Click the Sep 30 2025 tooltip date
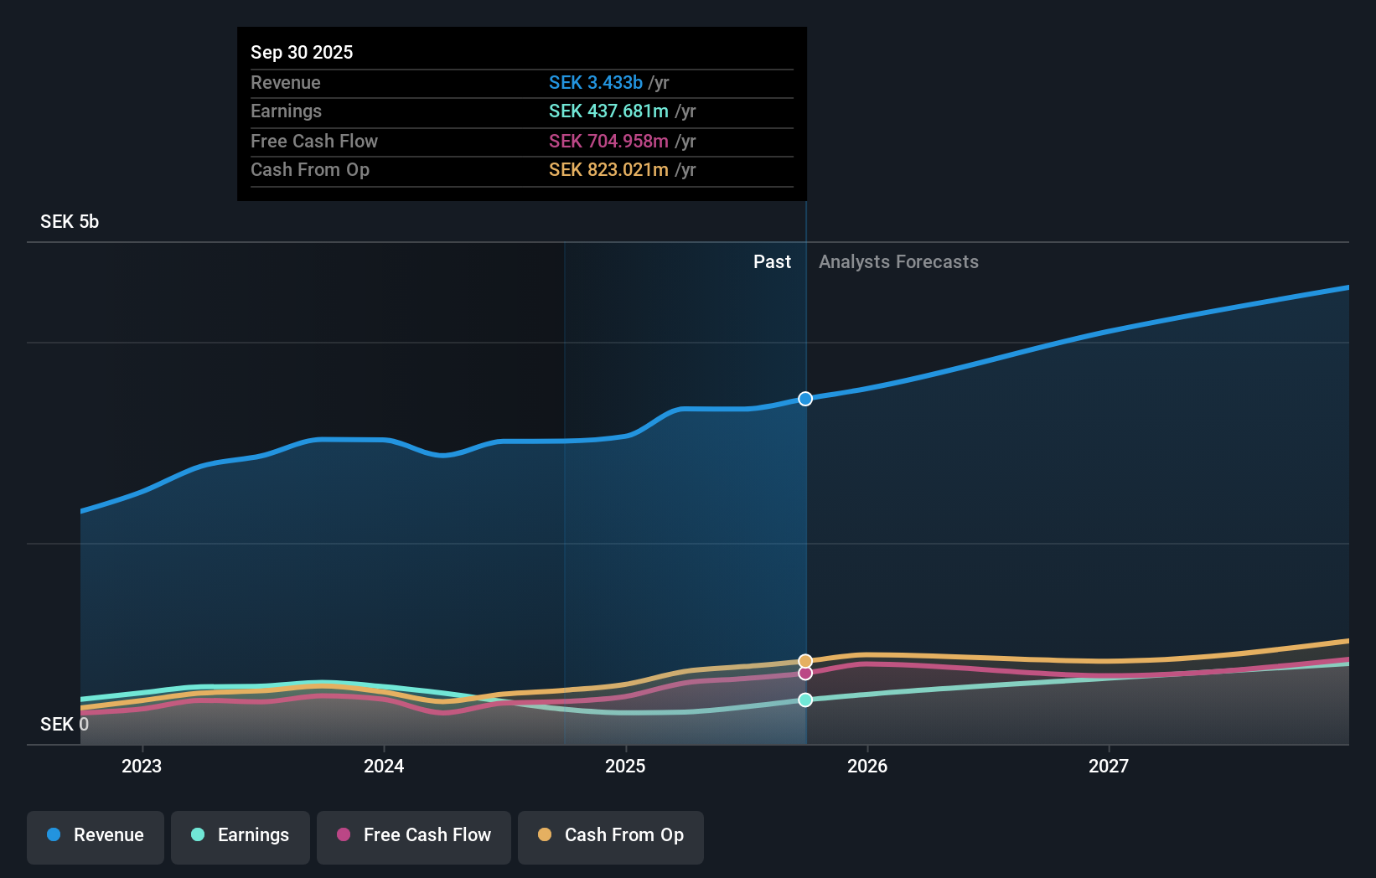click(302, 52)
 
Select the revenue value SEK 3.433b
click(595, 82)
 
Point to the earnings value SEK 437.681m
click(608, 111)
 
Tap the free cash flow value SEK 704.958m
click(608, 141)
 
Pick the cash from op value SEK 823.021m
click(608, 170)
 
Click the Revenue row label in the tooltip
click(286, 82)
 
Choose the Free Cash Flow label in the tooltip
click(314, 141)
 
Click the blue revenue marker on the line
click(805, 399)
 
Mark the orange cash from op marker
click(805, 661)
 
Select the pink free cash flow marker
click(805, 674)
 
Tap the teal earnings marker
click(805, 700)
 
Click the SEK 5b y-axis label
click(70, 222)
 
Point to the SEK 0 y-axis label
click(65, 725)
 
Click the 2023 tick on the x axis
click(142, 766)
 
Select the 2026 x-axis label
click(867, 766)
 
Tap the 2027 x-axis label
click(1109, 766)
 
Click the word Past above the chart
click(772, 262)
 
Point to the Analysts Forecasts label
click(898, 262)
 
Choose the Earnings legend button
click(241, 835)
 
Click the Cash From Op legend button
click(611, 835)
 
